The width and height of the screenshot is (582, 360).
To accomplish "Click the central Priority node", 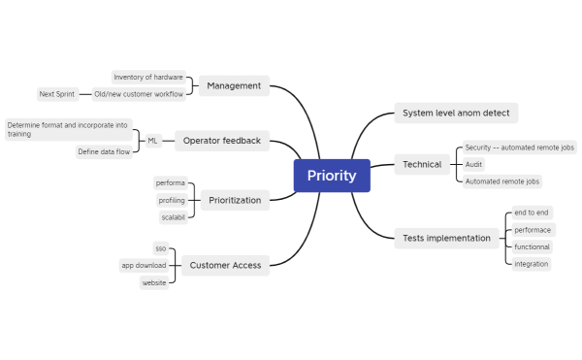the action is (x=332, y=176).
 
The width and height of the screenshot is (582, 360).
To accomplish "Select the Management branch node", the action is (x=234, y=85).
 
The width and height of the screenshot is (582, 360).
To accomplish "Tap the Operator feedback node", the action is (x=222, y=141).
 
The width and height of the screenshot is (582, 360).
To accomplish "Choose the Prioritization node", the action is (x=235, y=200).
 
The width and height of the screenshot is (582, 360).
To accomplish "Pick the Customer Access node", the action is (x=225, y=265).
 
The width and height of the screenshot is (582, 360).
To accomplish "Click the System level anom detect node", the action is (x=456, y=114).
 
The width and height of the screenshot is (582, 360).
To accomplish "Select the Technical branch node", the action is (x=422, y=165).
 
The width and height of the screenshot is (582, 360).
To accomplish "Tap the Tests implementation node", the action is (x=446, y=238).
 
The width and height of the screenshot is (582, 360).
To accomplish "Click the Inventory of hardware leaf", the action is (x=147, y=77).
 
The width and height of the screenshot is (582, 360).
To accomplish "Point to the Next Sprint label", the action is (x=57, y=94).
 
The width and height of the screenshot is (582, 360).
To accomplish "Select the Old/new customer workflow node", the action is (x=138, y=94).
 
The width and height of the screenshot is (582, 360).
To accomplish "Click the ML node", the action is (x=152, y=141).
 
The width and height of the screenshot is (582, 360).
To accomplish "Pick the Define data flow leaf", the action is (x=105, y=152).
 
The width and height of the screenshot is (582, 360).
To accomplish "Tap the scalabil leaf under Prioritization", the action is (x=173, y=217).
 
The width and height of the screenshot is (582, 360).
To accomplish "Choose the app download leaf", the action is (x=144, y=265).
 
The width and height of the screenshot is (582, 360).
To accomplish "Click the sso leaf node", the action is (x=161, y=248).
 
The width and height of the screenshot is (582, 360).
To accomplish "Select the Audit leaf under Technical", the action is (x=474, y=164).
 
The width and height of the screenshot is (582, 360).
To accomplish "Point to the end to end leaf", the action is (x=532, y=213).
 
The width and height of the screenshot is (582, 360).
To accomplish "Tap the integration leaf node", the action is (x=532, y=264).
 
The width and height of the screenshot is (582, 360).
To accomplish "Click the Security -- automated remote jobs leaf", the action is (x=519, y=147).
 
